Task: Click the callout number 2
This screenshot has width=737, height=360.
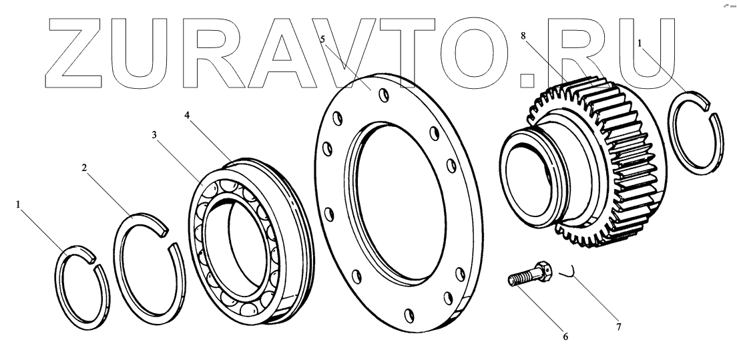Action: pyautogui.click(x=84, y=168)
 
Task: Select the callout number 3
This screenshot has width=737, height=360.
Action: pyautogui.click(x=154, y=135)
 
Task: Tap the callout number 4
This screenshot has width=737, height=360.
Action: pyautogui.click(x=188, y=115)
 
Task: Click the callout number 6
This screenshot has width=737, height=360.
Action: pyautogui.click(x=565, y=337)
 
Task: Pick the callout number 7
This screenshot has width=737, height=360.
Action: pyautogui.click(x=619, y=327)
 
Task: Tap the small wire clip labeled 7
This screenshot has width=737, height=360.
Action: pyautogui.click(x=568, y=271)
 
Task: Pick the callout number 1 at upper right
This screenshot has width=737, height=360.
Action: pyautogui.click(x=640, y=42)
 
